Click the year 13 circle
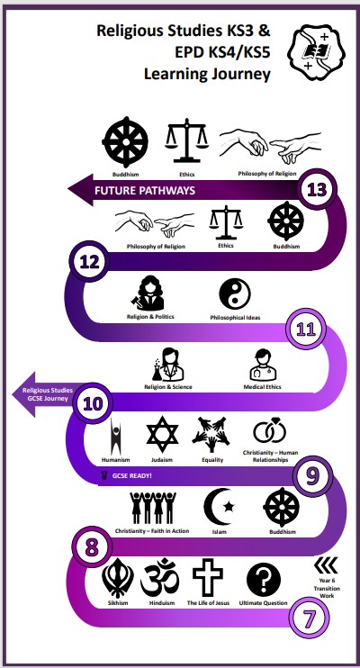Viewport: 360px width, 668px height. [317, 190]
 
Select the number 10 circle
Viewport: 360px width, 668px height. [93, 403]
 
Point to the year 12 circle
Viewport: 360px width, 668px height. [89, 261]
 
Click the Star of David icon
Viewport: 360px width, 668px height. [162, 435]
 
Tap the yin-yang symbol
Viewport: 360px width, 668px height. [235, 294]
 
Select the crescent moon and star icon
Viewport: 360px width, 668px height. [220, 507]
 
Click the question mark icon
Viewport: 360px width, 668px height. [264, 580]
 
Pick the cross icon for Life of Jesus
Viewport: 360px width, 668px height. [208, 577]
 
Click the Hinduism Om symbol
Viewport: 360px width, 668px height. [160, 578]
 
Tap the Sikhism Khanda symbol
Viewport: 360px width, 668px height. [118, 578]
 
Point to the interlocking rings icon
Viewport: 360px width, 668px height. [270, 430]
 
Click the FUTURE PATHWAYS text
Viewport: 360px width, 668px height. [145, 191]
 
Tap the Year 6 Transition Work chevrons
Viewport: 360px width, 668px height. [326, 564]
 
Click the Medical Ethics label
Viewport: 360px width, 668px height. [263, 387]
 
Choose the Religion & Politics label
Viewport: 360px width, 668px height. [150, 317]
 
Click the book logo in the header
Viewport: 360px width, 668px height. [317, 52]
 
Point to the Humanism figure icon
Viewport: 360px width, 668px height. [116, 437]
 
